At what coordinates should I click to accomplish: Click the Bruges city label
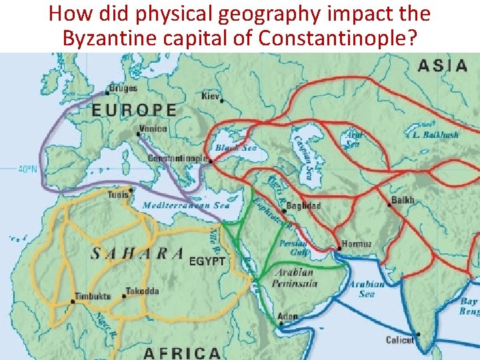(125, 88)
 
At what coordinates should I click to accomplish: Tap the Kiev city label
(211, 96)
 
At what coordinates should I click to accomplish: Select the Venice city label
(153, 128)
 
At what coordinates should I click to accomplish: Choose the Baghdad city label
(305, 206)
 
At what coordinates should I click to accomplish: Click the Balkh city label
(403, 200)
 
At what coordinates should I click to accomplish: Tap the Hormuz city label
(357, 244)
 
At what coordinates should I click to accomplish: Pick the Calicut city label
(399, 340)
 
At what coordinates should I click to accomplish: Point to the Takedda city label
(144, 292)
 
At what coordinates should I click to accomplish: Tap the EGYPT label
(207, 261)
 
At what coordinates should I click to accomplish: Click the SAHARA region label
(137, 253)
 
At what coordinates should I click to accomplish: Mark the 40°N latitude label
(27, 170)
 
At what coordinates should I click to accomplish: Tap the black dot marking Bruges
(107, 93)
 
